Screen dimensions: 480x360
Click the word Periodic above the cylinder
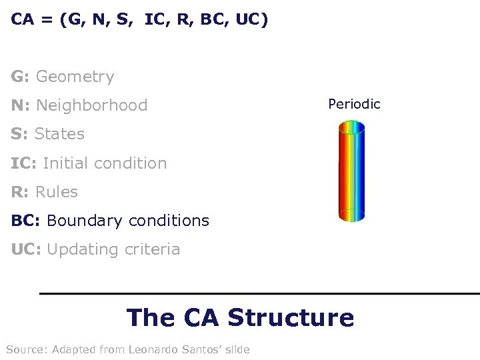click(354, 104)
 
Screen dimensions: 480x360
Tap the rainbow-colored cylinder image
click(351, 171)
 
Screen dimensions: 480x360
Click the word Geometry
click(75, 77)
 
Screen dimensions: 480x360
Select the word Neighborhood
click(92, 105)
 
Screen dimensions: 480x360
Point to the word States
click(59, 134)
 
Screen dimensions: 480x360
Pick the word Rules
click(57, 192)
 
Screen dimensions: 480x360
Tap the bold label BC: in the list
click(26, 221)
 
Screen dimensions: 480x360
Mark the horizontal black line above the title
click(259, 293)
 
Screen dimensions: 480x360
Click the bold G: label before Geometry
click(20, 77)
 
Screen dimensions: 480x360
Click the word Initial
click(64, 163)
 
